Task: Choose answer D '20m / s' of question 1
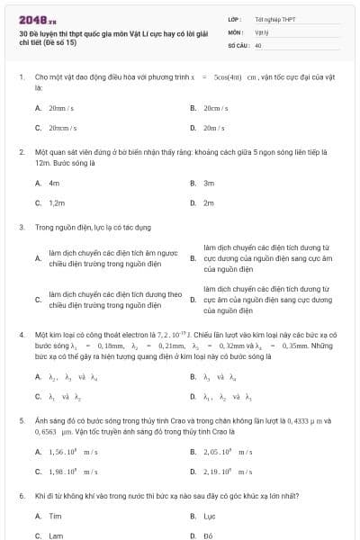pyautogui.click(x=213, y=128)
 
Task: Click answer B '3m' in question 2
pyautogui.click(x=209, y=183)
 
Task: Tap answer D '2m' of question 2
pyautogui.click(x=209, y=202)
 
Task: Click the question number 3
pyautogui.click(x=22, y=227)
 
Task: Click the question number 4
pyautogui.click(x=22, y=334)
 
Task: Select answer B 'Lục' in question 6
pyautogui.click(x=209, y=516)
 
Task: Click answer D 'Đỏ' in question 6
pyautogui.click(x=209, y=535)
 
